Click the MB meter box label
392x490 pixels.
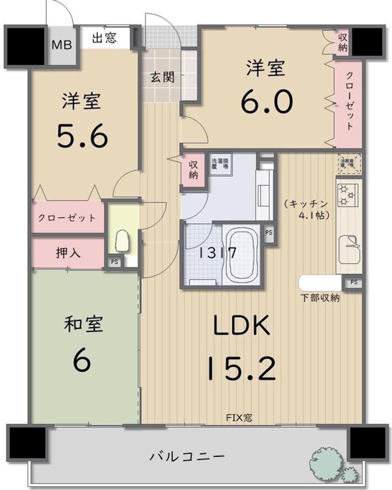click(x=62, y=45)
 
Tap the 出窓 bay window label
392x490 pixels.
click(x=104, y=38)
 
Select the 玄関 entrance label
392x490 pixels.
click(x=162, y=77)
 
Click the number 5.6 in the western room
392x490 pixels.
click(x=82, y=136)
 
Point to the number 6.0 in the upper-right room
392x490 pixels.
click(x=267, y=102)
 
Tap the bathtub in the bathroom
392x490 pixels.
click(x=242, y=256)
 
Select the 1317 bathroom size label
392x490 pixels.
click(x=217, y=253)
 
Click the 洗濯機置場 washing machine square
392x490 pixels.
click(x=220, y=164)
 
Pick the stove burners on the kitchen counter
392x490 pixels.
click(x=348, y=195)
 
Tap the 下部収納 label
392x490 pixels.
click(x=320, y=298)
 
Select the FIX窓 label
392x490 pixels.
click(x=239, y=417)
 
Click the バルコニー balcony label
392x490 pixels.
click(x=187, y=456)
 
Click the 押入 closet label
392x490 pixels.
click(x=68, y=253)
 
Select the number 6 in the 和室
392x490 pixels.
click(x=82, y=361)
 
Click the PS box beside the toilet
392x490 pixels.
click(x=115, y=262)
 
